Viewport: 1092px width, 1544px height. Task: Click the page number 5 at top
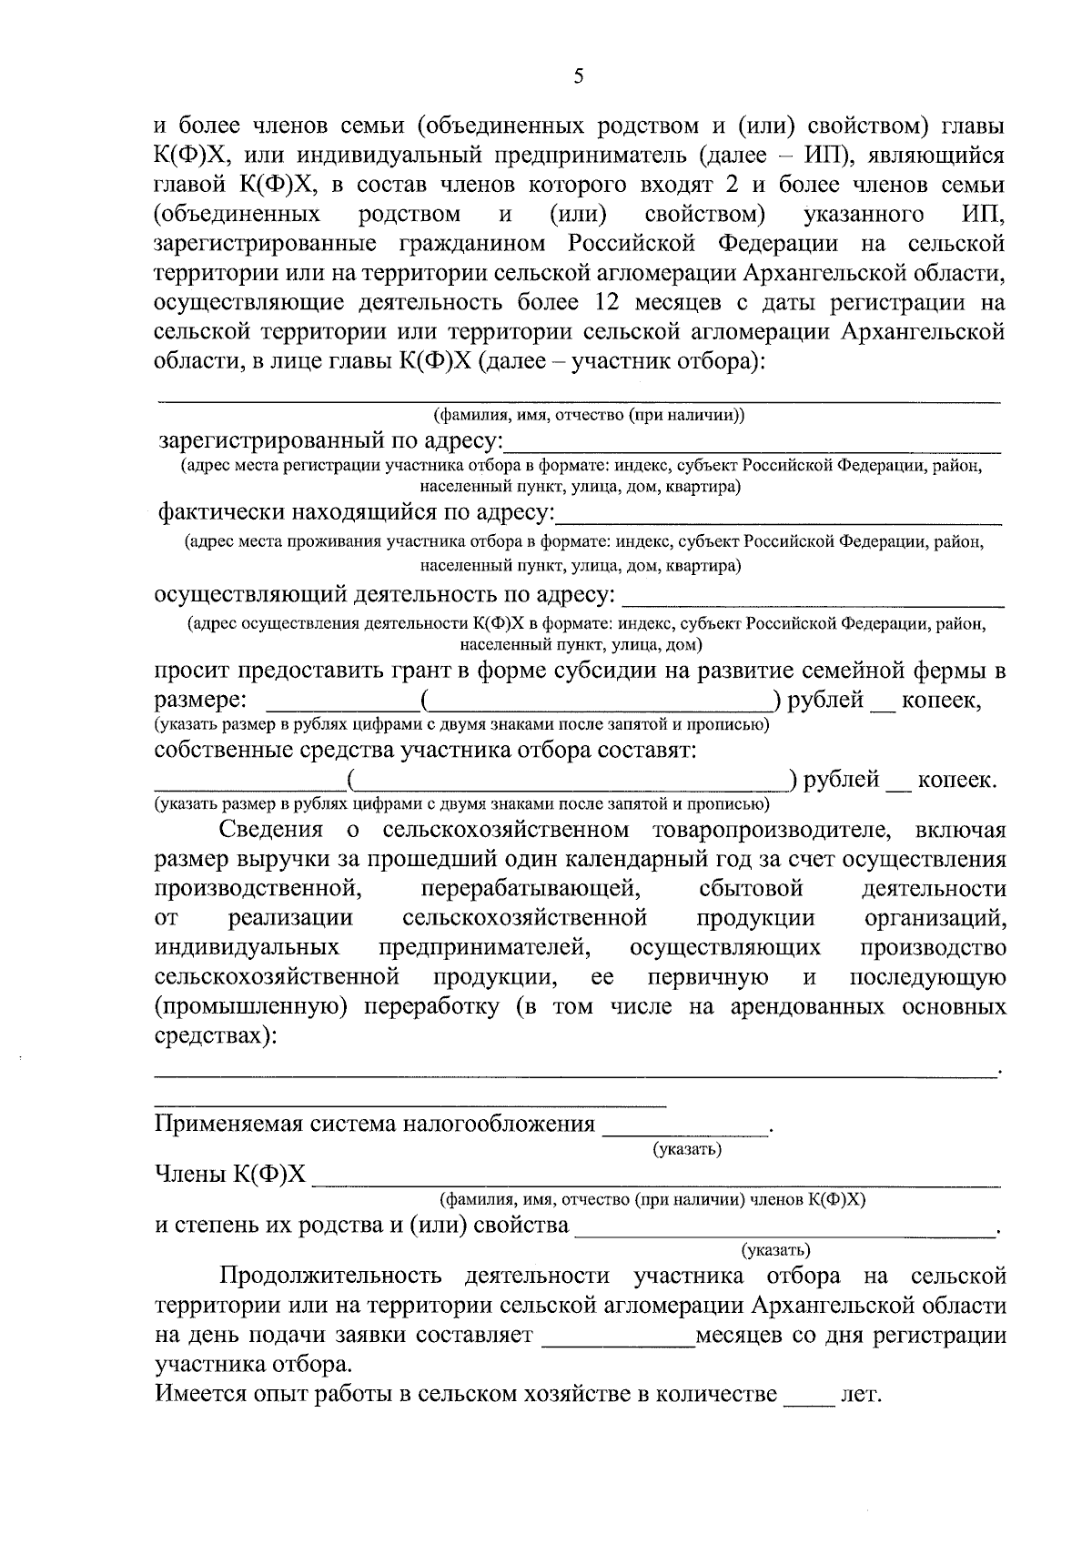(x=579, y=76)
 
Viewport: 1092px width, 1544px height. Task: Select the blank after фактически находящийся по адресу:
(x=778, y=515)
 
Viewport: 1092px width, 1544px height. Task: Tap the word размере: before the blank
(x=199, y=701)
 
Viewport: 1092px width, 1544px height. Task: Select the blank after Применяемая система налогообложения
(x=686, y=1126)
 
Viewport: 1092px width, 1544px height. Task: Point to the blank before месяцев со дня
(x=618, y=1337)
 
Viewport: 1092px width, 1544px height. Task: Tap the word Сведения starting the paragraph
(x=270, y=831)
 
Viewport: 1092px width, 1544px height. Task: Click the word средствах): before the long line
(x=216, y=1036)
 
